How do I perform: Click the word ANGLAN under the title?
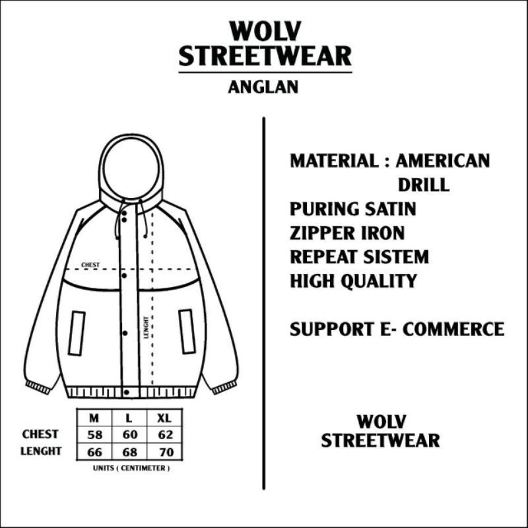[264, 88]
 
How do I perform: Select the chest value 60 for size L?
[129, 435]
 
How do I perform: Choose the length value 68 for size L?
[129, 452]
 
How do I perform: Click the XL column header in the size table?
[164, 418]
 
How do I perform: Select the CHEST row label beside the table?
[40, 434]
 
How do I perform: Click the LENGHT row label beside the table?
[41, 451]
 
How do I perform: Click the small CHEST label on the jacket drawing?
[90, 265]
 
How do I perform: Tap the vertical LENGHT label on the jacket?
[146, 327]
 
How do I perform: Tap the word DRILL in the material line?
[423, 185]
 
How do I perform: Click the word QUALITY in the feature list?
[379, 280]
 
